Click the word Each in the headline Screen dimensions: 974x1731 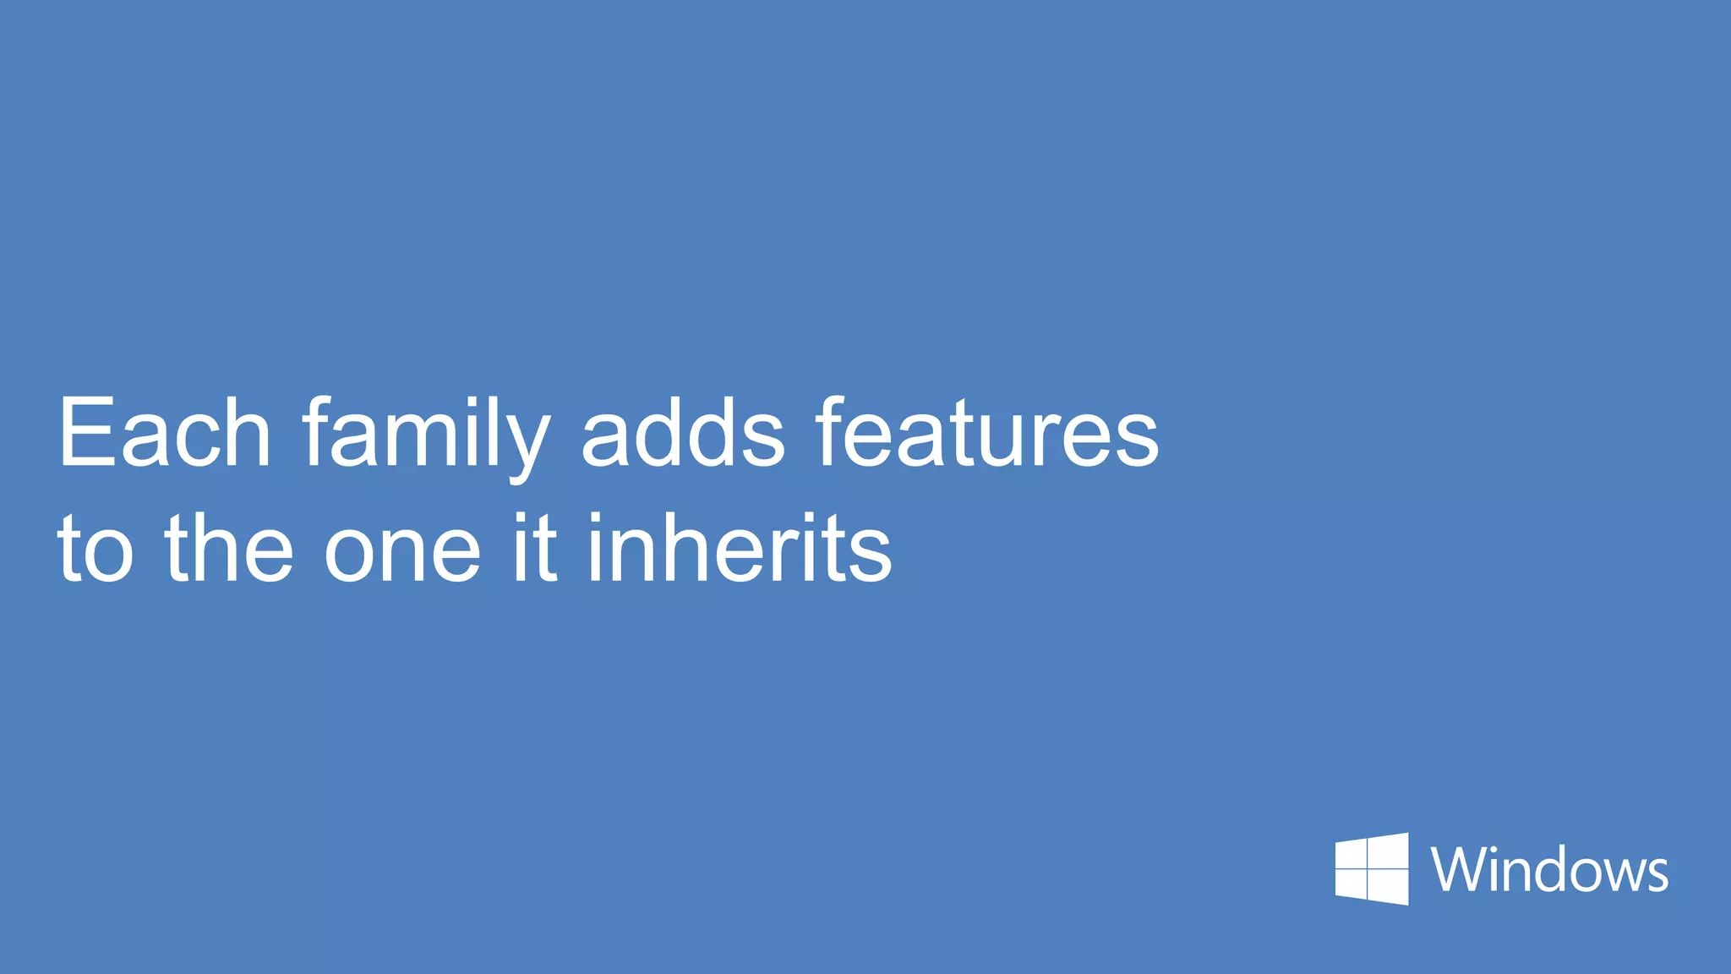pos(164,433)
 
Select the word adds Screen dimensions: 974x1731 pos(683,433)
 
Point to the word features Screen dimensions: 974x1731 pos(987,433)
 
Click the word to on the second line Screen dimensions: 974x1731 pos(95,550)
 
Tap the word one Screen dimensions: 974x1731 pos(402,555)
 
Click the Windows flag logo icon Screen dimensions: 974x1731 pos(1372,868)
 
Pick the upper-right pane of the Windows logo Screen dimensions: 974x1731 pos(1389,850)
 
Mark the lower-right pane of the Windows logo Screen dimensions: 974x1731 pos(1389,888)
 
